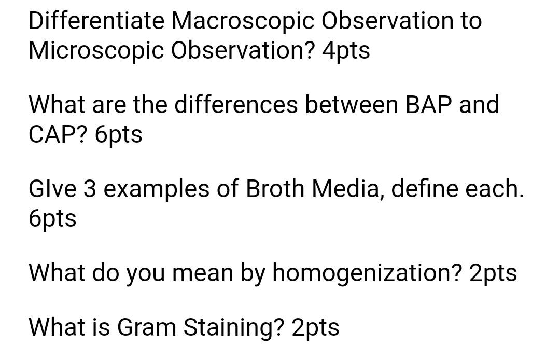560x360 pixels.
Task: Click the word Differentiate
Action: click(96, 21)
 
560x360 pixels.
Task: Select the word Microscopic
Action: click(96, 50)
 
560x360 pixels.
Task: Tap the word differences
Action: click(236, 104)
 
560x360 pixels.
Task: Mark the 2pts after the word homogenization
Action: click(493, 273)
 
